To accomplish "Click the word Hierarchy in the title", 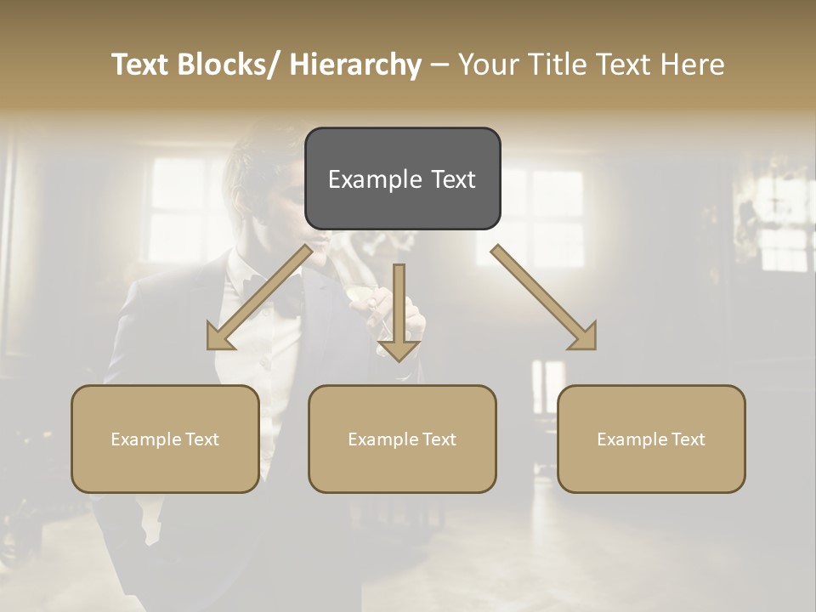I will [x=355, y=65].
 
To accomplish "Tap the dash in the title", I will [x=439, y=65].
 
